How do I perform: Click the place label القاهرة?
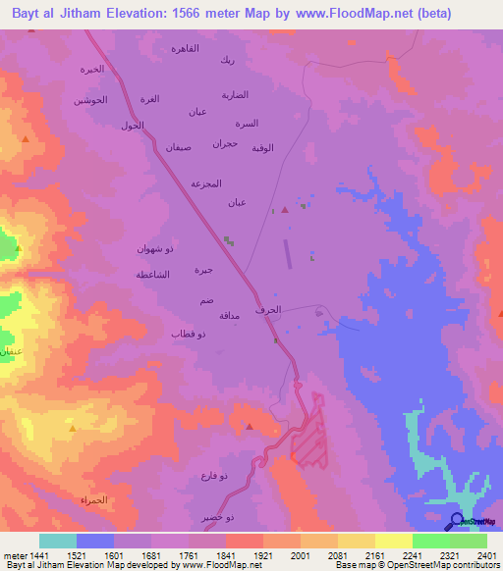pos(186,49)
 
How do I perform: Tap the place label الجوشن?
pos(89,100)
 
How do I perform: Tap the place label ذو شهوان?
pos(155,249)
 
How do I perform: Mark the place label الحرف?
pos(281,311)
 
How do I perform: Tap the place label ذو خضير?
pos(217,516)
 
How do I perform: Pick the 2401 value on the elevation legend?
pos(486,555)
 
